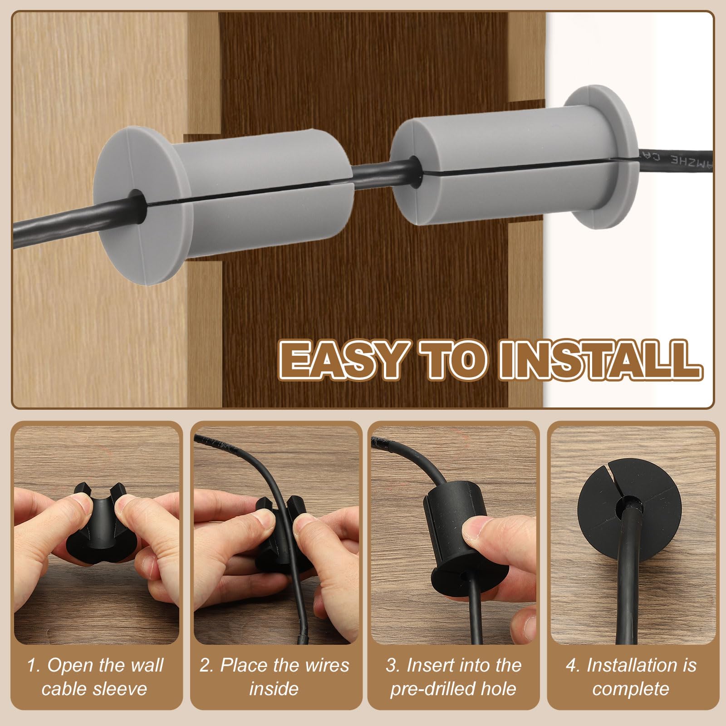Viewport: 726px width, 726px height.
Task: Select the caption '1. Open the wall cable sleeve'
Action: coord(95,677)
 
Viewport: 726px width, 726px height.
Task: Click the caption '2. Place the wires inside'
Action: coord(275,677)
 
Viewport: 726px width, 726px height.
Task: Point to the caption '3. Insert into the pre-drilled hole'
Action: coord(453,677)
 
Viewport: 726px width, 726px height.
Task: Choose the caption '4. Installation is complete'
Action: coord(631,677)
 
